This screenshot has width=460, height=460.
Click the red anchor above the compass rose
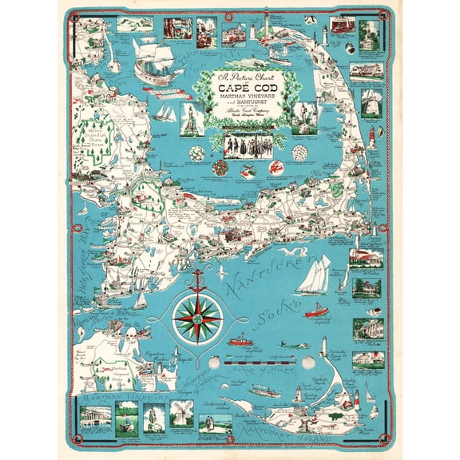click(196, 277)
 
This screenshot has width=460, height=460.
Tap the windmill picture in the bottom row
click(181, 413)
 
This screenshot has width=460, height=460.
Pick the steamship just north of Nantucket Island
click(264, 392)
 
